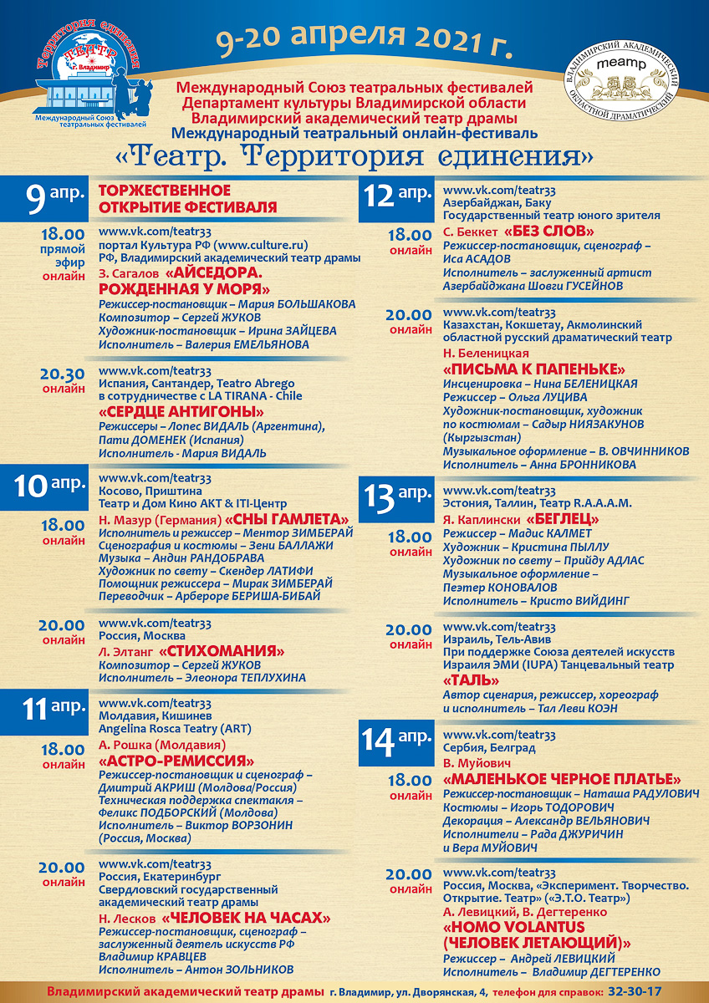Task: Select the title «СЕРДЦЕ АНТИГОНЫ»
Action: point(181,412)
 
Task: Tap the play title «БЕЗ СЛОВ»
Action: point(549,232)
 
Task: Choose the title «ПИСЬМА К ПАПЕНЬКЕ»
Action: point(534,369)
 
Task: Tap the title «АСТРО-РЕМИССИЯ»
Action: point(176,761)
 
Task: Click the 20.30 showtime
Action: point(62,374)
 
